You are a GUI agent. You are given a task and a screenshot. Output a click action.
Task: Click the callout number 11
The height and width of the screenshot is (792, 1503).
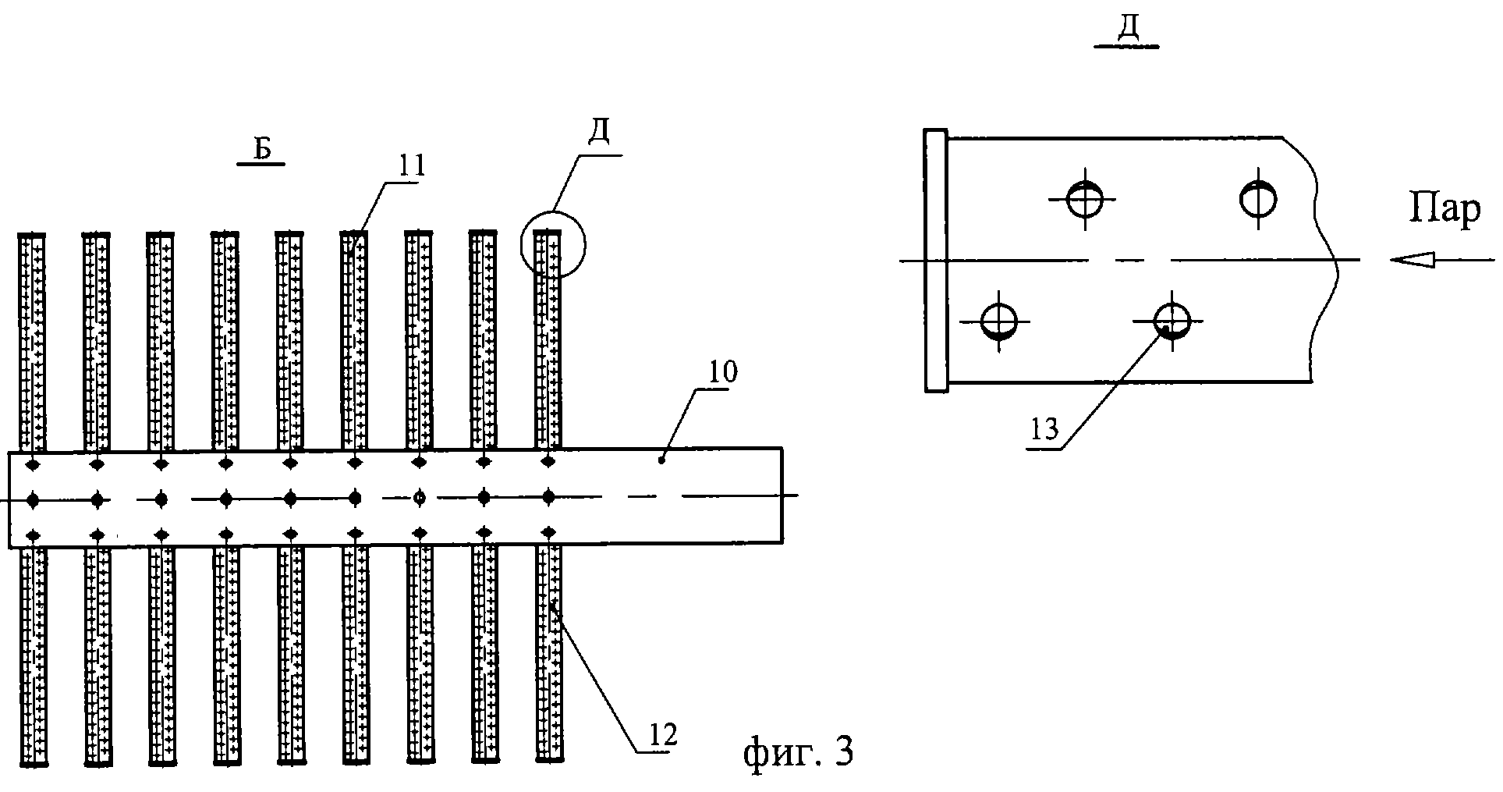point(411,166)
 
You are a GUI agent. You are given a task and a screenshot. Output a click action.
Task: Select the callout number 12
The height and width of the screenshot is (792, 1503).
point(662,734)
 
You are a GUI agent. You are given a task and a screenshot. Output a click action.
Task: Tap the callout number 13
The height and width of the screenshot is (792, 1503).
point(1045,429)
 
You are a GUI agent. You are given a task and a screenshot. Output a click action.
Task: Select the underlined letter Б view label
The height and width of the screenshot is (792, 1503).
point(262,149)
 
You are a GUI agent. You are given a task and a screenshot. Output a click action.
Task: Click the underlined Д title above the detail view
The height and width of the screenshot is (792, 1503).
point(1127,30)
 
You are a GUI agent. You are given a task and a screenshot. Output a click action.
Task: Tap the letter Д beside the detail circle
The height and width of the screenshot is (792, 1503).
point(598,136)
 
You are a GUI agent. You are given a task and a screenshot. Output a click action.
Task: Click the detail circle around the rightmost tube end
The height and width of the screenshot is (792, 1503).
point(554,245)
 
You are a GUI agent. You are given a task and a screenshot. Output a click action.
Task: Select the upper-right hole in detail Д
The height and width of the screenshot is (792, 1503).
point(1257,198)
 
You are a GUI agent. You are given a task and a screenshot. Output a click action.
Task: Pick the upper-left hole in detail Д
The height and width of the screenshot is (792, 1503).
point(1083,199)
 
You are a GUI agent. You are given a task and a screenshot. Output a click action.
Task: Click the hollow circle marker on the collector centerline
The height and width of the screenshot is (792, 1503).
point(420,497)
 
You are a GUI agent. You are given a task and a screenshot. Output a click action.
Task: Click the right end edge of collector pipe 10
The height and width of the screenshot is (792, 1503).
point(782,496)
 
